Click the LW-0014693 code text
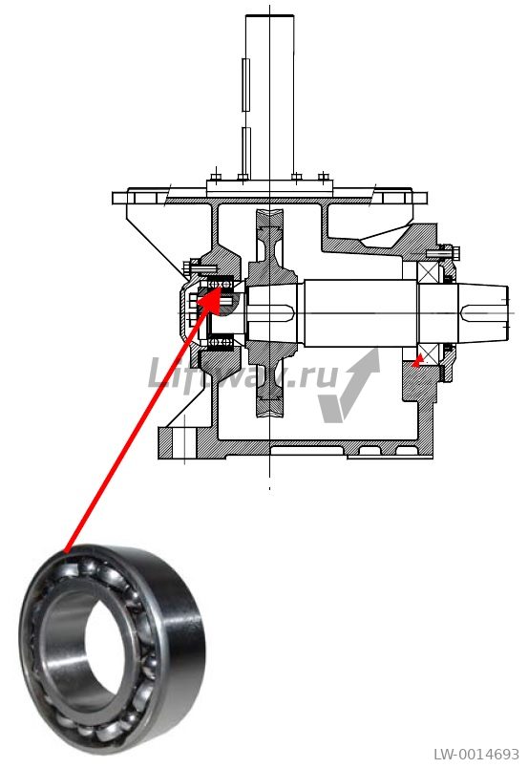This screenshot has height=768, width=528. tap(476, 755)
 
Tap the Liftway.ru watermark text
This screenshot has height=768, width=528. tap(243, 374)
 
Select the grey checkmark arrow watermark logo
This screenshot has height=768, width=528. tap(348, 385)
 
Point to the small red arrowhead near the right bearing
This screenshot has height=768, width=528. tap(417, 360)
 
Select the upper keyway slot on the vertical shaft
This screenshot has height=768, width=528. tap(246, 84)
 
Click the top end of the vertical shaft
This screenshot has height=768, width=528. tap(270, 15)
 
